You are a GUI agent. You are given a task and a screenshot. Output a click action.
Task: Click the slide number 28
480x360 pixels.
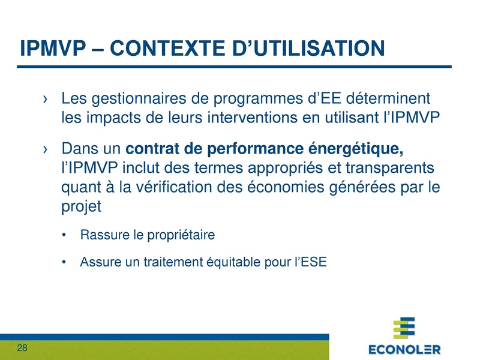[x=22, y=349]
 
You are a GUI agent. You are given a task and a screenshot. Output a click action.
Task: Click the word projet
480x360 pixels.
[x=82, y=208]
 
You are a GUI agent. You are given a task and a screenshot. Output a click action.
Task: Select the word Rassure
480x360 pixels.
[x=104, y=235]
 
